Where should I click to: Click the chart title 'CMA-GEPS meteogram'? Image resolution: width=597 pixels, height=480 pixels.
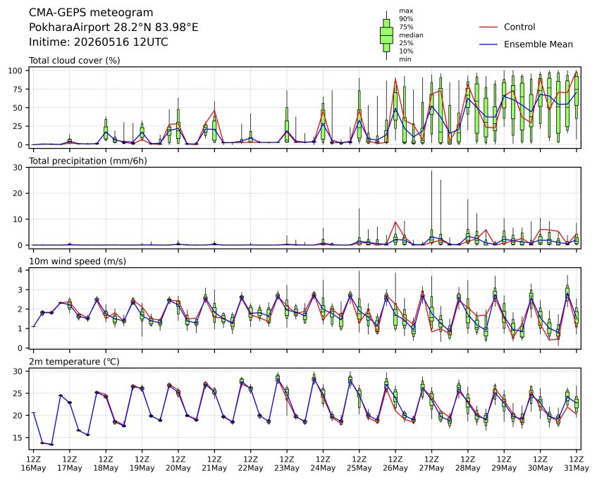pos(91,13)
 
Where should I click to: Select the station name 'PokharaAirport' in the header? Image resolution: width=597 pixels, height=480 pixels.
pos(70,27)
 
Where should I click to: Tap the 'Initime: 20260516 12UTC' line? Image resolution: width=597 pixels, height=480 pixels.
pos(98,42)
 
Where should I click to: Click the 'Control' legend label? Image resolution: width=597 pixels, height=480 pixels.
pos(519,27)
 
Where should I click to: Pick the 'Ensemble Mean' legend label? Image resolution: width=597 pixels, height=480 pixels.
pos(538,44)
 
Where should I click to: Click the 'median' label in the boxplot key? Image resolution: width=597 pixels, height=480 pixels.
pos(411,35)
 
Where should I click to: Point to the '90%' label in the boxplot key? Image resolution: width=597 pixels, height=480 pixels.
pos(406,18)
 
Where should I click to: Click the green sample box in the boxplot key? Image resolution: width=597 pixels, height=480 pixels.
pos(386,35)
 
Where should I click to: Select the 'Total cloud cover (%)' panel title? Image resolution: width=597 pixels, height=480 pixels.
pos(75,61)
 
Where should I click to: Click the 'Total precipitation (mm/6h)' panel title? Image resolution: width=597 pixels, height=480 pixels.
pos(88,161)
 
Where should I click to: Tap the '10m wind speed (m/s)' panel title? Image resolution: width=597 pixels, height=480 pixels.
pos(78,261)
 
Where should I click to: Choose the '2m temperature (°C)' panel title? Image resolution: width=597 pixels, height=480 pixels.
pos(74,362)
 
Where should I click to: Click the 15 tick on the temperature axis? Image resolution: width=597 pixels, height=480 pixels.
pos(18,438)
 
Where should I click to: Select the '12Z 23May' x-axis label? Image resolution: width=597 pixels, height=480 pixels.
pos(287,463)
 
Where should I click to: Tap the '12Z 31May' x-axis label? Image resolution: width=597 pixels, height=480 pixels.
pos(576,463)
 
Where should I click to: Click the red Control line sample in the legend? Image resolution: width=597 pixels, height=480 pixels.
pos(488,27)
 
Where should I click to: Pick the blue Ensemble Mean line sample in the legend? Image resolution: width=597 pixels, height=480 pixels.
pos(488,44)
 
